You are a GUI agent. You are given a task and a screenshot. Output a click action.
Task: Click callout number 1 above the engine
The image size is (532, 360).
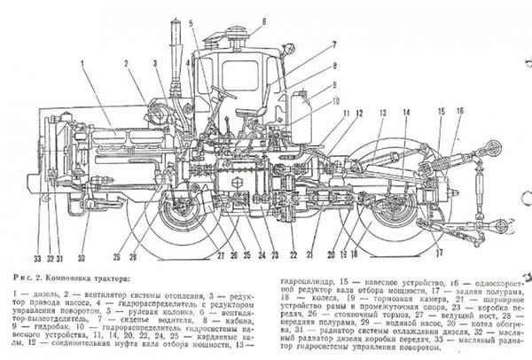pyautogui.click(x=82, y=64)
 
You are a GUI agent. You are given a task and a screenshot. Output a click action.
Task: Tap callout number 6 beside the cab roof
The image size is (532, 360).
pyautogui.click(x=264, y=18)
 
